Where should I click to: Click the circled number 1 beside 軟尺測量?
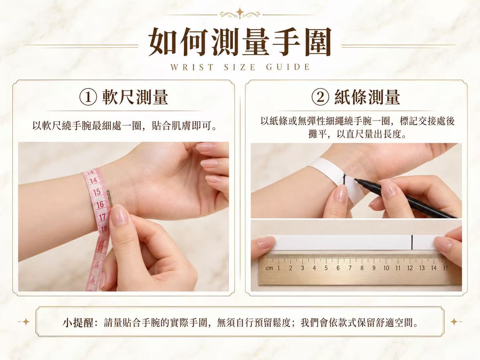point(88,97)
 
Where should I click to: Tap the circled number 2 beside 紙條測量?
point(320,97)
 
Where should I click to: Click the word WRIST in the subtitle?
point(192,67)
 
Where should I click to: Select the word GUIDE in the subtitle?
point(288,67)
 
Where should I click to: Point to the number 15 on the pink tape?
point(97,192)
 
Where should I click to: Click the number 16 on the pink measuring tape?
point(100,205)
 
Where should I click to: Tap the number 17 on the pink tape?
point(102,217)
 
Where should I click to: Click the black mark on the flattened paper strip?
point(412,242)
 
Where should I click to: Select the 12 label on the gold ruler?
point(410,268)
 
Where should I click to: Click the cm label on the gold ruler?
point(269,268)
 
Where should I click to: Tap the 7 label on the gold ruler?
point(350,268)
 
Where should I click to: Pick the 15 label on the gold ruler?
point(446,268)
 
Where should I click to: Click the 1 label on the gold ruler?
point(278,268)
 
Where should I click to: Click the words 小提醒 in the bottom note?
point(78,323)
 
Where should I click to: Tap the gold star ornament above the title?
point(240,13)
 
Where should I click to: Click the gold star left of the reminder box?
point(26,322)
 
